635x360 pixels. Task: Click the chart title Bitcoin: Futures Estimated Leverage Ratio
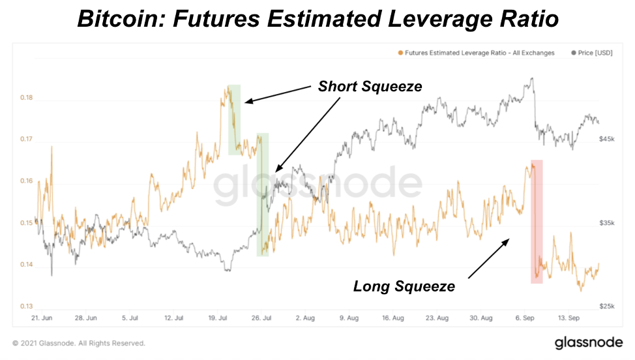[x=317, y=18]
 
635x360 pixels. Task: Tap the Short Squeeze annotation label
[x=370, y=87]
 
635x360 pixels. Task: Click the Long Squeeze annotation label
[x=404, y=286]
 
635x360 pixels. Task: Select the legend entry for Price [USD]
[x=591, y=53]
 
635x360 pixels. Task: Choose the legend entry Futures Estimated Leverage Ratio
[x=479, y=53]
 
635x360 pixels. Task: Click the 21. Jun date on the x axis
[x=42, y=318]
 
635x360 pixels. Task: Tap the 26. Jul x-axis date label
[x=261, y=318]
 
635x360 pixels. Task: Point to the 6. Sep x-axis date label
[x=525, y=318]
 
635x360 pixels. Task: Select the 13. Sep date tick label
[x=569, y=318]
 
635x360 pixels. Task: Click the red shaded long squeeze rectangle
[x=537, y=222]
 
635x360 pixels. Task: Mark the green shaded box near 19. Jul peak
[x=234, y=120]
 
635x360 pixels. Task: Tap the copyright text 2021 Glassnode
[x=79, y=343]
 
